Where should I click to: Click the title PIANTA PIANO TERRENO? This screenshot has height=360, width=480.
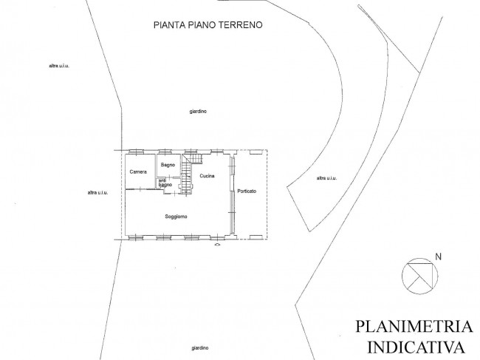[x=208, y=25]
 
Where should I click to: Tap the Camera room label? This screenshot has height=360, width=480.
[x=138, y=172]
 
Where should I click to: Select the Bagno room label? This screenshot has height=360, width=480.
[x=168, y=165]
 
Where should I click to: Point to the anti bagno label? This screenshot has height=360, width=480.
[x=165, y=183]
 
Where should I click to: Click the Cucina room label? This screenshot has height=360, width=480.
[x=207, y=176]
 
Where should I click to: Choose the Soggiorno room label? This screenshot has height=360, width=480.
[x=176, y=217]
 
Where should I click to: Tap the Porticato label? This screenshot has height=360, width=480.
[x=247, y=191]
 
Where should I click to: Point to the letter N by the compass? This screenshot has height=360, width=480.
[x=439, y=257]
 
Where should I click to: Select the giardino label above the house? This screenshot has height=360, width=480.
[x=198, y=112]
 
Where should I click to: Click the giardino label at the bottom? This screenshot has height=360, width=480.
[x=200, y=348]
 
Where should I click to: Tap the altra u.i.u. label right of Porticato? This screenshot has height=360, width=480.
[x=326, y=178]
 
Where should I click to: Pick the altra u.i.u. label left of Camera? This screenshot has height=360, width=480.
[x=97, y=193]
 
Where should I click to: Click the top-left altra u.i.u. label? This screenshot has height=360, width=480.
[x=59, y=66]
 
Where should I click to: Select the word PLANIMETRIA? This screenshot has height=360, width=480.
[x=414, y=326]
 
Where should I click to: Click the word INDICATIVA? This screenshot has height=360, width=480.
[x=416, y=347]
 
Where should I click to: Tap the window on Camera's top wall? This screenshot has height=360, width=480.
[x=135, y=152]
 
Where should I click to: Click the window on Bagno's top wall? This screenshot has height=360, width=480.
[x=165, y=152]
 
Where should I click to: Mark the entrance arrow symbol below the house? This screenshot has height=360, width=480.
[x=217, y=245]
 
